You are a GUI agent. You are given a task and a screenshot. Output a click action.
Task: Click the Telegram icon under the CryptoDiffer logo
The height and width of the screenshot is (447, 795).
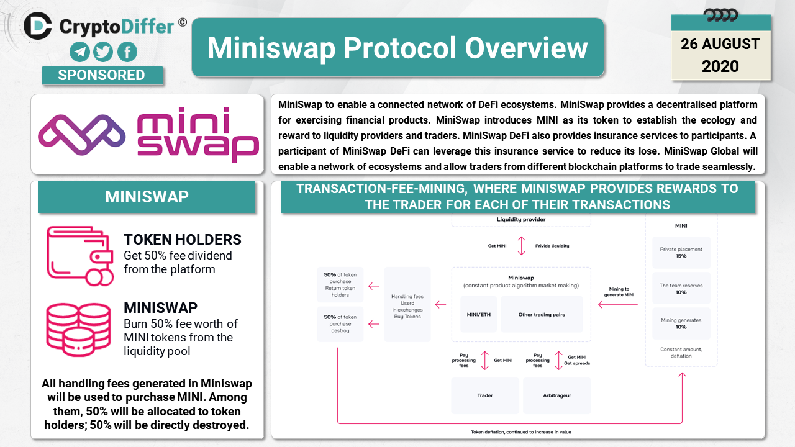point(80,52)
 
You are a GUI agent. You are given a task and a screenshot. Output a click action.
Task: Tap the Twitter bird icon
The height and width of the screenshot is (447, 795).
point(103,52)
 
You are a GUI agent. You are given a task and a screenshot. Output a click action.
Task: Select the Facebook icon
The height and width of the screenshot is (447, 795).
point(127,52)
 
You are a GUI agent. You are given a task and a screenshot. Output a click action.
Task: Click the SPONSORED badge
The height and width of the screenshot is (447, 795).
point(102,75)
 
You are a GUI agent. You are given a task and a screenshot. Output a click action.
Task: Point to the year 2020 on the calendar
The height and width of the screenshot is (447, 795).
point(720,66)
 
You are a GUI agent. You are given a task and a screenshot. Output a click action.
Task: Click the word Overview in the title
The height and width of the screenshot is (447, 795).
point(526,48)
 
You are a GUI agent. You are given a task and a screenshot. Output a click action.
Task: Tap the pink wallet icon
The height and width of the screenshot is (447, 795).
point(80,256)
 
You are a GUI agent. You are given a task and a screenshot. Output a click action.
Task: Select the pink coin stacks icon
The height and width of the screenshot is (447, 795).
point(78,330)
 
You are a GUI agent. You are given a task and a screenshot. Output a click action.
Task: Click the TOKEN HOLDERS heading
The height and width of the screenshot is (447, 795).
point(183,240)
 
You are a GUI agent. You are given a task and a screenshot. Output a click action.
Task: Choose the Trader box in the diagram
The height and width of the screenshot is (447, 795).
point(485,395)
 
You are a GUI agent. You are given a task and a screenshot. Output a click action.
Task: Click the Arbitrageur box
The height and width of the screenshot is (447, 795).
point(557,395)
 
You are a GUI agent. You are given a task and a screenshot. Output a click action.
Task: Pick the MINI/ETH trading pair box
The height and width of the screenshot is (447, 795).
point(478,314)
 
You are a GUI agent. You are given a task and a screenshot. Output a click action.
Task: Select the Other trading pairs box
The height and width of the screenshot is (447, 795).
point(542,314)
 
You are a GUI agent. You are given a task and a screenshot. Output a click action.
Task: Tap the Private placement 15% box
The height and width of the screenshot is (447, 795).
point(681,253)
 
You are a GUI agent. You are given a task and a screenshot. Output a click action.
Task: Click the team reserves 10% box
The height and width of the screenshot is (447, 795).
point(681,289)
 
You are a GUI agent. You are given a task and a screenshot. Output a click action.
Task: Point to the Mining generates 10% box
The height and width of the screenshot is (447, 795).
point(681,323)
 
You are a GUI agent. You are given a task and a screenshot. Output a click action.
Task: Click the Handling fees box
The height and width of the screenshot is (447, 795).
point(407,304)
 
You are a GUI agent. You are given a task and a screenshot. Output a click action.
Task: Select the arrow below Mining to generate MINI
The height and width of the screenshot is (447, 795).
point(618,304)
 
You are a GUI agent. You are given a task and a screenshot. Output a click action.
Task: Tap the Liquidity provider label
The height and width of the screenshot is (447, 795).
point(521,219)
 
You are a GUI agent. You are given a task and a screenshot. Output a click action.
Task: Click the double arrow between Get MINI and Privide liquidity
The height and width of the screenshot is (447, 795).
point(521,246)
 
